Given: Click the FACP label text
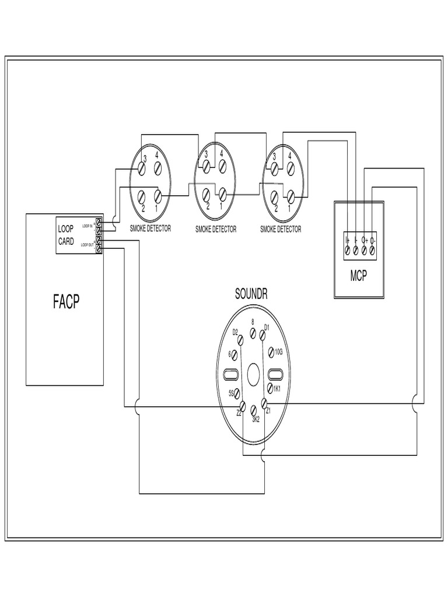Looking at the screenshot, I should (66, 302).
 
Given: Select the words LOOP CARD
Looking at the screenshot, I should (66, 235).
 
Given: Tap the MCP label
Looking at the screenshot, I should (359, 276).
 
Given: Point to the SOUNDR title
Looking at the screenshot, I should (251, 294).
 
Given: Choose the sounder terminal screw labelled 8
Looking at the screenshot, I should (252, 333).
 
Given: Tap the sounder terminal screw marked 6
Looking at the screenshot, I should (236, 354).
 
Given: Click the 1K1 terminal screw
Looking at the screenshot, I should (270, 388).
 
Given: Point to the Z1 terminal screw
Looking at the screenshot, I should (263, 403).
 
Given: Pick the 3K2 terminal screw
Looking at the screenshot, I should (253, 410).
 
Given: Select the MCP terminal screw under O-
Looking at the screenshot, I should (373, 250).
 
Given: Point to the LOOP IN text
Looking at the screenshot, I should (87, 225).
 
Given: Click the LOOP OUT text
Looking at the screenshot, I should (87, 245).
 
